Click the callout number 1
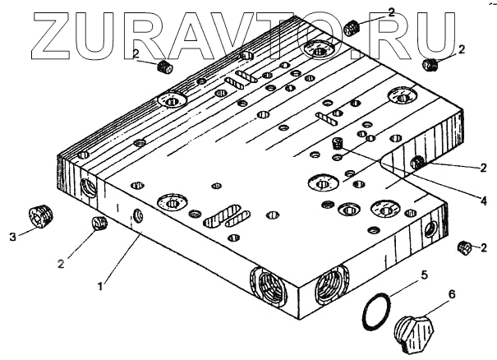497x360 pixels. (x=100, y=286)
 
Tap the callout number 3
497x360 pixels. (x=12, y=238)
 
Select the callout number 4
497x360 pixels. (x=483, y=200)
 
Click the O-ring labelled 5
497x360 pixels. (x=377, y=313)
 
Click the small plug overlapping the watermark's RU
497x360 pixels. (x=352, y=28)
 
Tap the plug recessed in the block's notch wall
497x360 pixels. (x=417, y=164)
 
